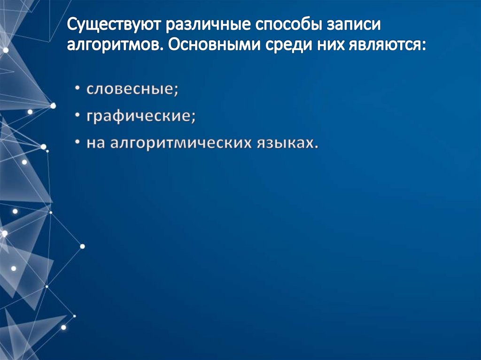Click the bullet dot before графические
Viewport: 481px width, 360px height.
(x=77, y=117)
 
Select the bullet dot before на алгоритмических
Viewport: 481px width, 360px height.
(x=77, y=143)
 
